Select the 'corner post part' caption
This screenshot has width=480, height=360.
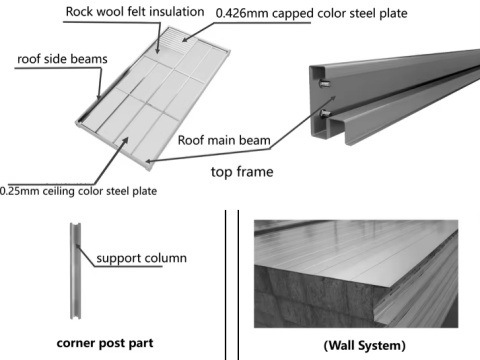tap(104, 341)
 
